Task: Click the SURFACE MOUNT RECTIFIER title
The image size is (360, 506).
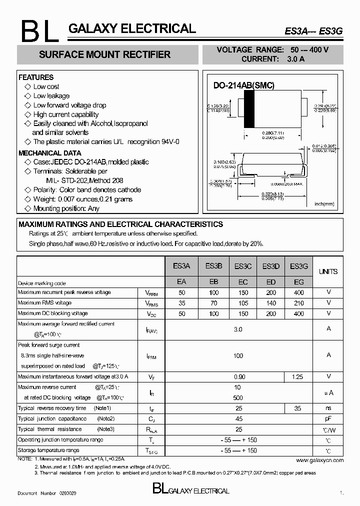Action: coord(104,54)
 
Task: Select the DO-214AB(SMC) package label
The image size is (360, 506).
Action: coord(244,85)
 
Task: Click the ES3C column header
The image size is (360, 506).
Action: coord(242,266)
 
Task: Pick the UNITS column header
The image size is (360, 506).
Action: coord(328,271)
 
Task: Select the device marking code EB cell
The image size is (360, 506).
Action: coord(213,282)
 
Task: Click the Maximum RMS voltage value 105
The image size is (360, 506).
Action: coord(242,303)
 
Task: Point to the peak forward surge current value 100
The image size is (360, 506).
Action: coord(238,355)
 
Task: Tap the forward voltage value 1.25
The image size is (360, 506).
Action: coord(298,376)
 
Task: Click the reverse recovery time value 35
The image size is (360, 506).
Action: coord(298,408)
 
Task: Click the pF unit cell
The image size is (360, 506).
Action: coord(328,418)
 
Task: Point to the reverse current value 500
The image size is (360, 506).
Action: coord(238,397)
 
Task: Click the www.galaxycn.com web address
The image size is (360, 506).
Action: coord(319,459)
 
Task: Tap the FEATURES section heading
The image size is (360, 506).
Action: coord(36,77)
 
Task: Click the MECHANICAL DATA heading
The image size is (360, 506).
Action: coord(49,153)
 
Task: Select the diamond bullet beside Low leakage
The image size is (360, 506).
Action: coord(27,96)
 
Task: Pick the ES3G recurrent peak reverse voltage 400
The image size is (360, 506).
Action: coord(298,292)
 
